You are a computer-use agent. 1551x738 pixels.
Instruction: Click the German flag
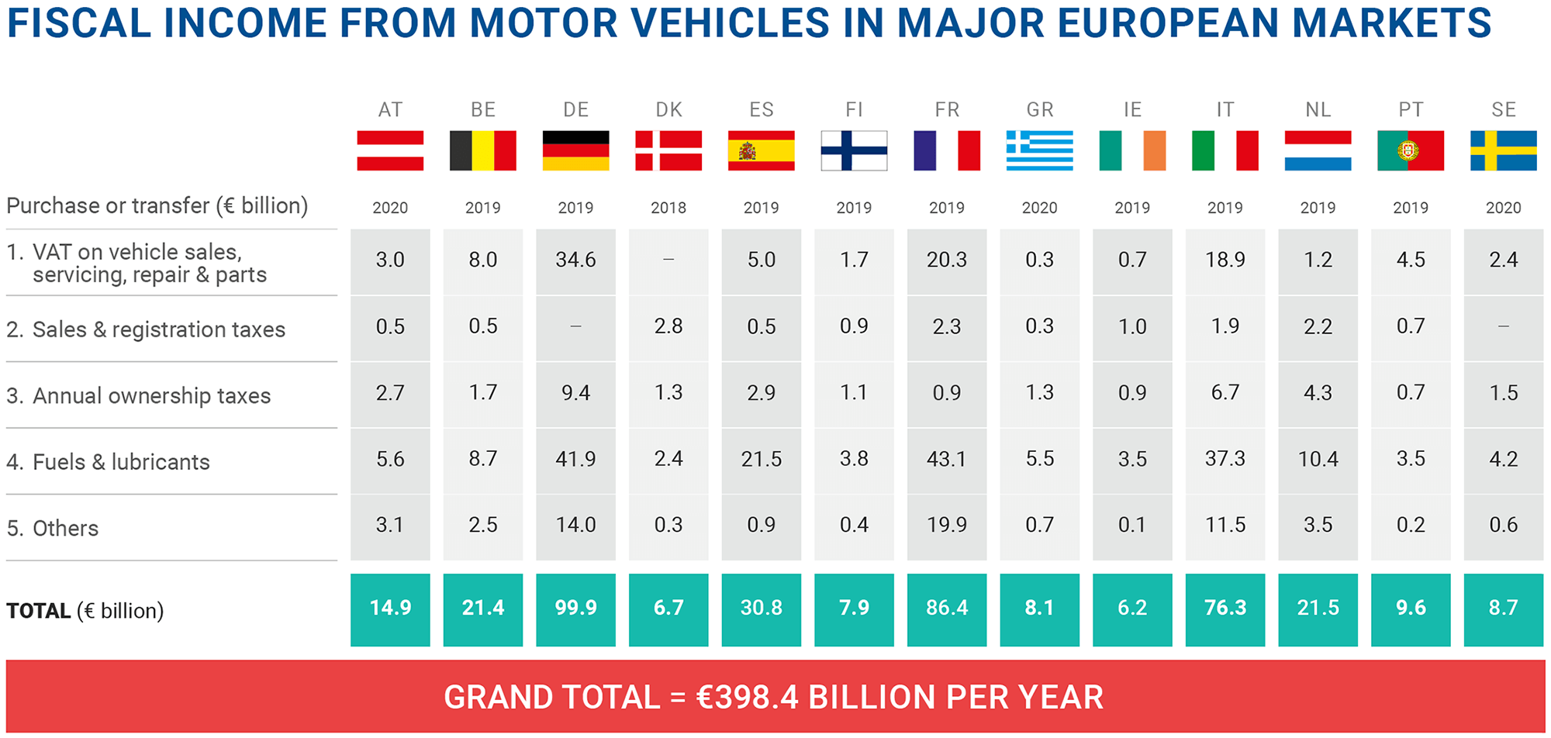point(575,150)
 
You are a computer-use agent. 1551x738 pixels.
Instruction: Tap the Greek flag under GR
point(1039,150)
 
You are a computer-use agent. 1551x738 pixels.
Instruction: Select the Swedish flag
point(1503,150)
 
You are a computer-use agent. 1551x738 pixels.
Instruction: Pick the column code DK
point(668,110)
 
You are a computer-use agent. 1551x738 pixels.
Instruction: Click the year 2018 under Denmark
point(668,208)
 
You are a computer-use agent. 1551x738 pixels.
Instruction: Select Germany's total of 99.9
point(575,609)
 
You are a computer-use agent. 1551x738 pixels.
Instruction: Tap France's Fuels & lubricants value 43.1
point(946,459)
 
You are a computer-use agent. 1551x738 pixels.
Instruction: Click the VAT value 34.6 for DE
point(575,260)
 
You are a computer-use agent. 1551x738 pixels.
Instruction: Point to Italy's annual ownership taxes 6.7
point(1225,392)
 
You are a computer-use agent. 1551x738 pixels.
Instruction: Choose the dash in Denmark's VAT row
point(668,260)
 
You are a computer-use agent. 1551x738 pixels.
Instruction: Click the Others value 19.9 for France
point(946,525)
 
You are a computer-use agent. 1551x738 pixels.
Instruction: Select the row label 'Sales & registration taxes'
point(158,329)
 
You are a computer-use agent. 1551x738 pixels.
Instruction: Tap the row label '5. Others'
point(53,529)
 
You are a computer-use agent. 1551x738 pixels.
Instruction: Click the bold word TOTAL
point(39,611)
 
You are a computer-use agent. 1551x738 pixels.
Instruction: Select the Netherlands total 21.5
point(1318,609)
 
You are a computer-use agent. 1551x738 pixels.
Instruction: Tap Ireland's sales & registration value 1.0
point(1132,326)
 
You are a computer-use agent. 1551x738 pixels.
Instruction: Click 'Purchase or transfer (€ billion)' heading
point(157,206)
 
